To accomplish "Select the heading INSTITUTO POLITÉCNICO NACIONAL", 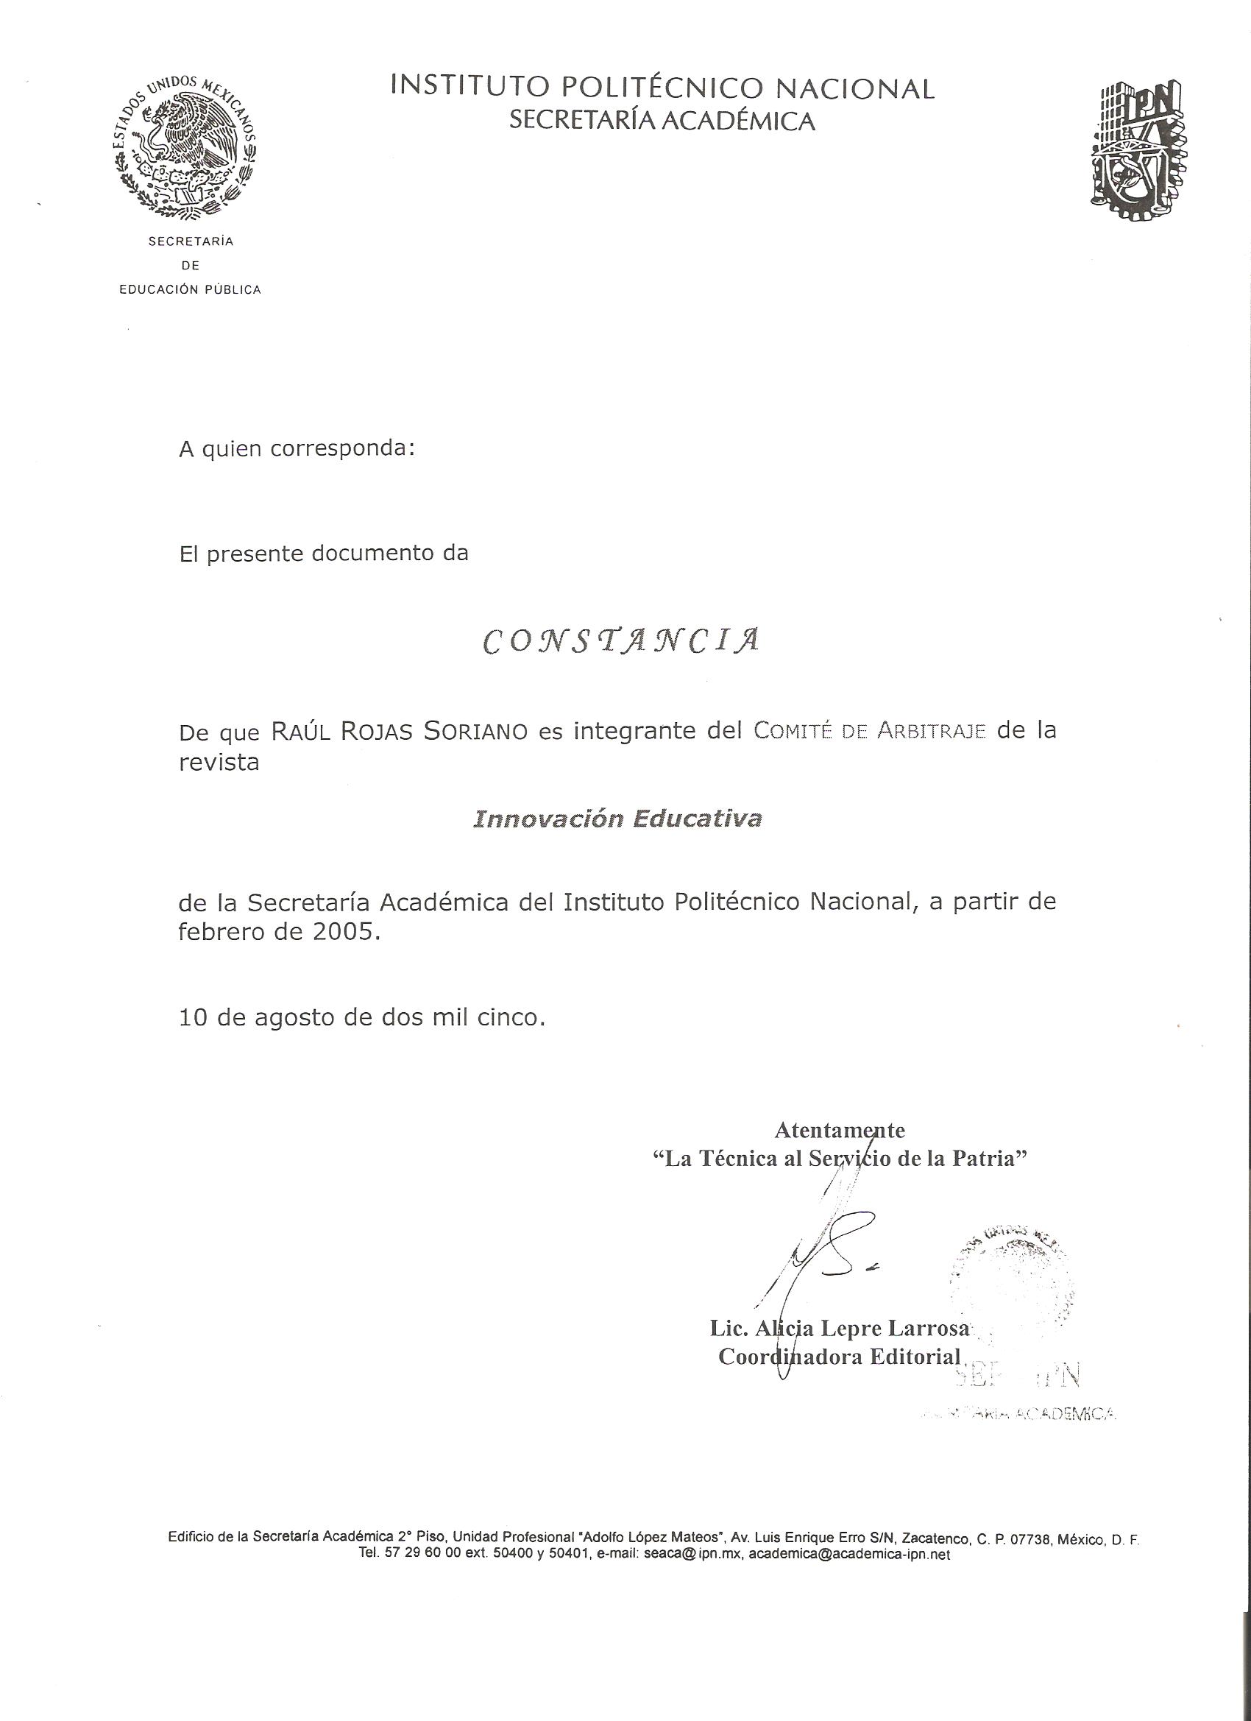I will (x=662, y=89).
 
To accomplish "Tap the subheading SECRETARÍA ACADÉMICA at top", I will (x=662, y=121).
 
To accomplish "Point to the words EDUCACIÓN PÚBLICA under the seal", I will (x=191, y=290).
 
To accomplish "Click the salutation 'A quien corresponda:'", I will (x=297, y=449).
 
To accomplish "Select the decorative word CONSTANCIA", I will (x=620, y=641).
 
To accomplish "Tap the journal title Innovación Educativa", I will (x=617, y=819).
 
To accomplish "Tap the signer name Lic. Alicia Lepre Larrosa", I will (x=839, y=1328).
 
